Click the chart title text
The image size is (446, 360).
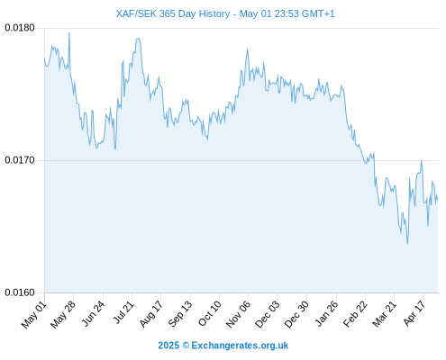[x=225, y=13]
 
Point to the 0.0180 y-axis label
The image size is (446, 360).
[x=20, y=28]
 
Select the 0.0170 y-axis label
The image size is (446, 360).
[x=20, y=160]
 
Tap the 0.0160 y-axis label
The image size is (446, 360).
[x=20, y=292]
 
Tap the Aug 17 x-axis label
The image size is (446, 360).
[x=150, y=314]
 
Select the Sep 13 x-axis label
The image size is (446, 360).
[x=179, y=314]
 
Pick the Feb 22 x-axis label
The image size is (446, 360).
[x=355, y=314]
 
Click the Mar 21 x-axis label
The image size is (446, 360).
[x=384, y=314]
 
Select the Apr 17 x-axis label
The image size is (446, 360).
[x=414, y=313]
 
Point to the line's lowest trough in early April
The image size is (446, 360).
[x=407, y=243]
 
